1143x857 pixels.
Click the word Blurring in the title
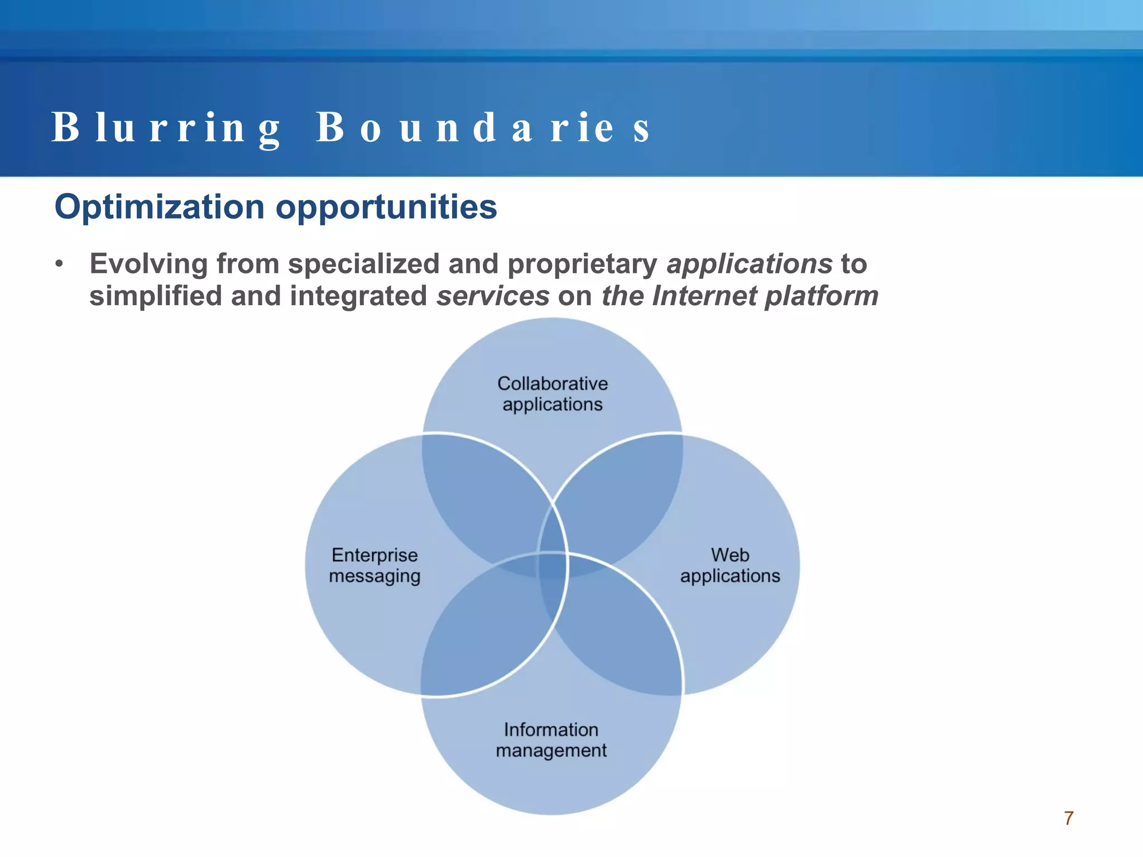point(166,128)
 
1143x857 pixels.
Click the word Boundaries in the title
point(483,128)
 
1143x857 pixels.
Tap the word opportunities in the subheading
point(386,207)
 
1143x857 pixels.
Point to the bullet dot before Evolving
point(59,264)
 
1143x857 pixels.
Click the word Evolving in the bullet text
point(148,264)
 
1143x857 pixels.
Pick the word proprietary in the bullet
point(582,264)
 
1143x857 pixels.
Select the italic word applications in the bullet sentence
point(750,264)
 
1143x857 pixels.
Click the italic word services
point(493,296)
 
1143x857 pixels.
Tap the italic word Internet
point(703,296)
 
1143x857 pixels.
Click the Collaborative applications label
point(553,394)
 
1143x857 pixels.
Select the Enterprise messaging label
point(374,565)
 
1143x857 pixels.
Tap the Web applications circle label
point(730,565)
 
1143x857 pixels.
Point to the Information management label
point(551,740)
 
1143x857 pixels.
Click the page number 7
point(1069,818)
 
